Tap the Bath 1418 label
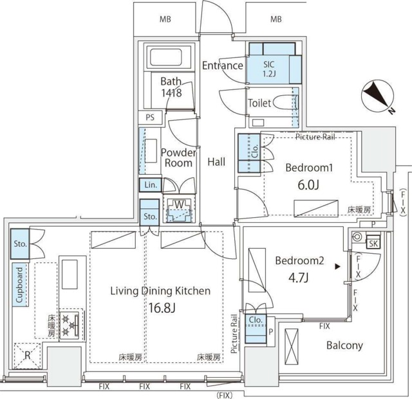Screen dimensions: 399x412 171,87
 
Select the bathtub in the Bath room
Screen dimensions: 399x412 171,59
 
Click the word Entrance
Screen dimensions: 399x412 222,66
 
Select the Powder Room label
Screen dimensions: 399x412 177,157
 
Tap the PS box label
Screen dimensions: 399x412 150,118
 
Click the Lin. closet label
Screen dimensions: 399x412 151,185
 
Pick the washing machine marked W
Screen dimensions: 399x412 176,209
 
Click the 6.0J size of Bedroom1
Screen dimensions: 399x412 308,184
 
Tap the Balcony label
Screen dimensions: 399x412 344,346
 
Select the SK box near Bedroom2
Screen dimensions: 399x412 373,243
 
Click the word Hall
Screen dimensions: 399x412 216,162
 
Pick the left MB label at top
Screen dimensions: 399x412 165,19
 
